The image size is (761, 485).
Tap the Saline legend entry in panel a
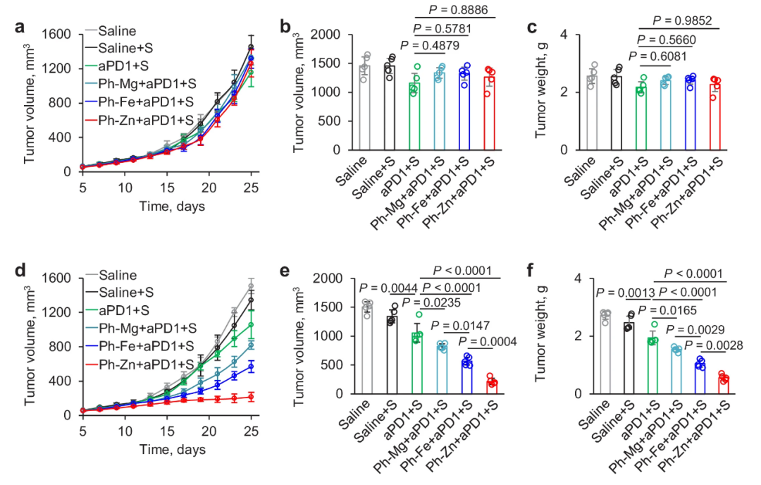118,31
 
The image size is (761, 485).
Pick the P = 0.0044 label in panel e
389,287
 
